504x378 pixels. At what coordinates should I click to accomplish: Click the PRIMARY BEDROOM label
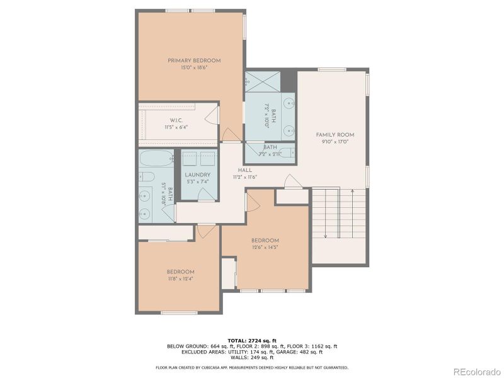(x=194, y=60)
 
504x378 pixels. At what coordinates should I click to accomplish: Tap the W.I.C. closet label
(x=176, y=120)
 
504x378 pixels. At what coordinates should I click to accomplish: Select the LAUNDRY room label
(x=197, y=175)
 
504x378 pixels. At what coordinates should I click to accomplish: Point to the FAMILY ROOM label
(x=335, y=135)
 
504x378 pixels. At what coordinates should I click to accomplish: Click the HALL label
(x=246, y=170)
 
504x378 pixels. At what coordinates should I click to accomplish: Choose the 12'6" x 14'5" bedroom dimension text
(x=265, y=247)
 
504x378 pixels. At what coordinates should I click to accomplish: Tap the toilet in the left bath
(x=144, y=176)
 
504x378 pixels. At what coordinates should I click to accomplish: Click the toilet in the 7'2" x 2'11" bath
(x=287, y=152)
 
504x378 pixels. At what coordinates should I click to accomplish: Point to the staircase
(x=339, y=214)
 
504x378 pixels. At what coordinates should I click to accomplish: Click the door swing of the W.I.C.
(x=213, y=114)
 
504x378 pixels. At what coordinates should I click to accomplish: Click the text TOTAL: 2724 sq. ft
(x=251, y=340)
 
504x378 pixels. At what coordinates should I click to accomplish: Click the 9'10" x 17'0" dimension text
(x=335, y=142)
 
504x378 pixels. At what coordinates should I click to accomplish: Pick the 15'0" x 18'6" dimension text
(x=194, y=67)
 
